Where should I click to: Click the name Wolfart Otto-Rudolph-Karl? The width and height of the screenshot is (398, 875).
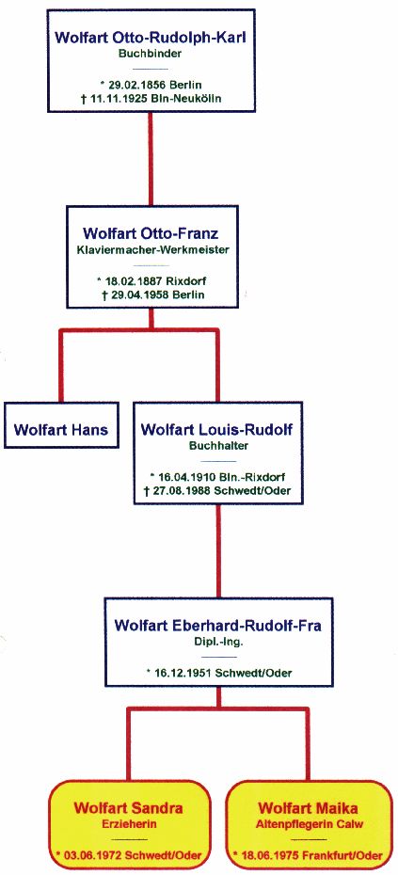[x=151, y=40]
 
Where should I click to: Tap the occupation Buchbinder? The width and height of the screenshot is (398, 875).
[x=151, y=55]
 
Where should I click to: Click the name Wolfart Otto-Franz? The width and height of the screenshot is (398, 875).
[x=151, y=232]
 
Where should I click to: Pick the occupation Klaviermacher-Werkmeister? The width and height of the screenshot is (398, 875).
[x=151, y=250]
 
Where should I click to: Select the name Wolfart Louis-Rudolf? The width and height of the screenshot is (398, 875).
[x=217, y=430]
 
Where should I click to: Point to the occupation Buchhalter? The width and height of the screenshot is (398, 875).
[x=217, y=446]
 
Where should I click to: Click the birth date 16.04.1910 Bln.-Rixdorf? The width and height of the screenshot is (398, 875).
[x=218, y=478]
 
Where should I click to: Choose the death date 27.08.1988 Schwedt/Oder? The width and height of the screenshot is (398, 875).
[x=218, y=490]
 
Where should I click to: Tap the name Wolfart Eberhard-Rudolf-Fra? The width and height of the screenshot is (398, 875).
[x=217, y=625]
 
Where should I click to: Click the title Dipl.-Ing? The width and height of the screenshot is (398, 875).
[x=217, y=643]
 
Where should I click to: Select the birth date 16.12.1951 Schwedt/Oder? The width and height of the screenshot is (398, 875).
[x=219, y=673]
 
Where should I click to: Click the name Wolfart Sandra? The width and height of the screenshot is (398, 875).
[x=128, y=808]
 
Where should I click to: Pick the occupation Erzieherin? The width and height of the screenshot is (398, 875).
[x=128, y=823]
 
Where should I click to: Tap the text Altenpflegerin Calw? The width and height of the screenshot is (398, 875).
[x=308, y=823]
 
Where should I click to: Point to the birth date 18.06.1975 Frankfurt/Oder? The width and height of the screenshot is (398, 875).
[x=309, y=855]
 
